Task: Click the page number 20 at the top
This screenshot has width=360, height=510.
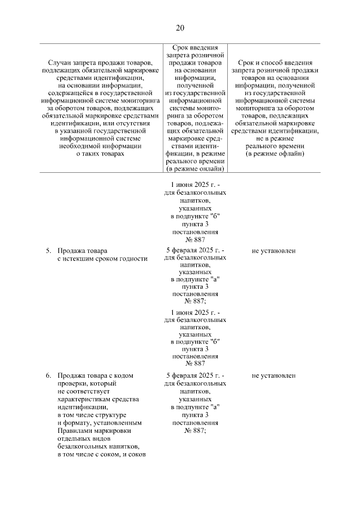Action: pos(180,28)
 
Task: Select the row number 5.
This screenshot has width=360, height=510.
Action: pos(49,250)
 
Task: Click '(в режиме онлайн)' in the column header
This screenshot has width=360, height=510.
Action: pos(195,168)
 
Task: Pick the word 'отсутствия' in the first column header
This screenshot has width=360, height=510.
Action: pos(116,123)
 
